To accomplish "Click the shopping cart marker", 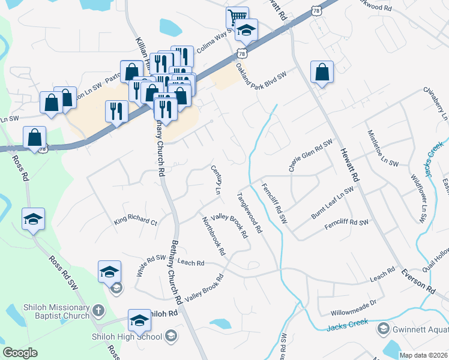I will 237,17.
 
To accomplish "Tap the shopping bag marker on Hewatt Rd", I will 322,72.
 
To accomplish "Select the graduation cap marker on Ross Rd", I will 34,219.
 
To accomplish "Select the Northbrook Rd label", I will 213,234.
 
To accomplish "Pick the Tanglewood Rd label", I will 250,212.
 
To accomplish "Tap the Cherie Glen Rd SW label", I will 311,155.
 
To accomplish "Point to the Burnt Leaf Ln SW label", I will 332,203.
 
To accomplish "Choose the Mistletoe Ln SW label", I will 382,147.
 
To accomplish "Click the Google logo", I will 20,353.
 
